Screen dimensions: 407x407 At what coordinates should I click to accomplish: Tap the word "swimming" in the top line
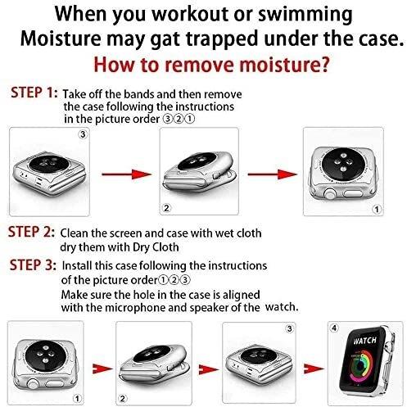pyautogui.click(x=305, y=14)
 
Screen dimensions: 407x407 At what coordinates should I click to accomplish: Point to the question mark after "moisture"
pyautogui.click(x=323, y=65)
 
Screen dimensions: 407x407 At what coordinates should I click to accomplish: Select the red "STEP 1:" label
pyautogui.click(x=34, y=93)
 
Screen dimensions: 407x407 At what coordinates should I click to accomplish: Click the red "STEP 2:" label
pyautogui.click(x=31, y=232)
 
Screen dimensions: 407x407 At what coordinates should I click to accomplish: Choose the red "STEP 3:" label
pyautogui.click(x=33, y=265)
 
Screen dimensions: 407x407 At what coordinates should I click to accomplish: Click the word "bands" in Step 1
pyautogui.click(x=139, y=94)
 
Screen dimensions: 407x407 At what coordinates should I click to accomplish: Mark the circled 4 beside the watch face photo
pyautogui.click(x=334, y=328)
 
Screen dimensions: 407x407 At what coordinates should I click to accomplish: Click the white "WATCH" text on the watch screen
pyautogui.click(x=364, y=341)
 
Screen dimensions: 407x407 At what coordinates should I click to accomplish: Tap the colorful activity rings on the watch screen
pyautogui.click(x=361, y=365)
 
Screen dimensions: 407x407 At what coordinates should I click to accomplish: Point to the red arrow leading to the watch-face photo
pyautogui.click(x=314, y=369)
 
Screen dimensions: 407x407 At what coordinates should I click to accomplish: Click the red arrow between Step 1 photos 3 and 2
pyautogui.click(x=126, y=174)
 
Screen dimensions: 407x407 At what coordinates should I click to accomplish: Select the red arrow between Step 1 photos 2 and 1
pyautogui.click(x=273, y=174)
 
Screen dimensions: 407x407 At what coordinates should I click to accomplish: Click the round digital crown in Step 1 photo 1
pyautogui.click(x=329, y=195)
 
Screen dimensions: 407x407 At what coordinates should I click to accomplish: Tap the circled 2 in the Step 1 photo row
pyautogui.click(x=166, y=208)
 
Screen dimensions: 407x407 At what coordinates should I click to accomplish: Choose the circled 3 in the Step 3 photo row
pyautogui.click(x=289, y=328)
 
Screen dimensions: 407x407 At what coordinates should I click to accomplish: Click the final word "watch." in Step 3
pyautogui.click(x=282, y=307)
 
